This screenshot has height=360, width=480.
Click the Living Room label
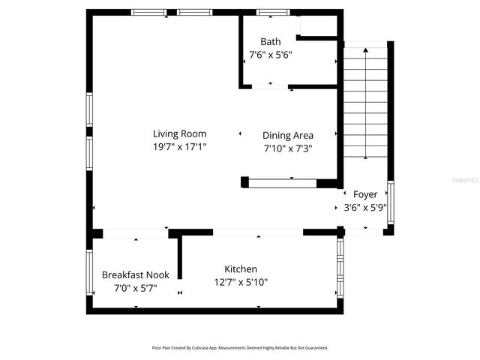point(179,134)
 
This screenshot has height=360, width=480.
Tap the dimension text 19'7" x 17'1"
point(179,147)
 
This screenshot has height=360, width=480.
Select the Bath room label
point(270,41)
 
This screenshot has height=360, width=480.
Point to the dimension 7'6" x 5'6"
point(270,54)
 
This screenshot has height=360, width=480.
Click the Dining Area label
point(288,136)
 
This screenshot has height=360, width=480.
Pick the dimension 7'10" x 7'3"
point(288,148)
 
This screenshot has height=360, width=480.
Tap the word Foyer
point(365,194)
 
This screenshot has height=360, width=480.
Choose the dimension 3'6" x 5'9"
point(365,207)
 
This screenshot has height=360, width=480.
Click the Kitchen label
point(241,269)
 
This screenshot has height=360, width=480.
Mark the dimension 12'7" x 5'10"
point(241,282)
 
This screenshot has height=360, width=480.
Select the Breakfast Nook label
point(135,274)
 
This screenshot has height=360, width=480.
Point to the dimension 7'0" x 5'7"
point(135,287)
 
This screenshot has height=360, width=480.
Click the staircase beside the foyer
point(365,105)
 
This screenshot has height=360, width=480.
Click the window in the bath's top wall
point(273,13)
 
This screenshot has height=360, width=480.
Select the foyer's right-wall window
point(390,202)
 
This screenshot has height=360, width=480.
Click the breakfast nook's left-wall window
point(89,274)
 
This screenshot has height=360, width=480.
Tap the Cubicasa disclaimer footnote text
point(240,348)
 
